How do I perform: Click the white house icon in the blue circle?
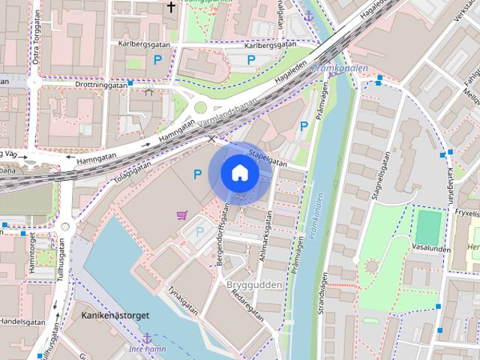coord(239,173)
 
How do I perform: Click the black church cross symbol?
coord(171,8)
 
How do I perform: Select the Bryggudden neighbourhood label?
coord(253,286)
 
